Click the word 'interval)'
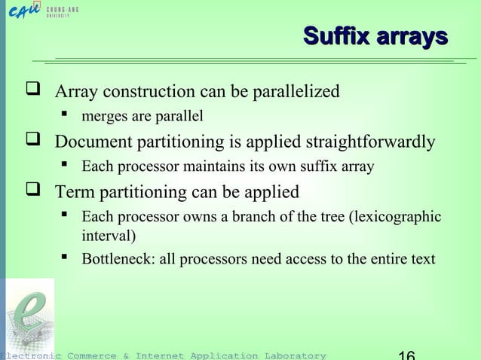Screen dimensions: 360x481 pyautogui.click(x=109, y=235)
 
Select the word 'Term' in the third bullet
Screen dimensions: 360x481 pyautogui.click(x=74, y=191)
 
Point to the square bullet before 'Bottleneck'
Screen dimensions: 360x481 pyautogui.click(x=67, y=260)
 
